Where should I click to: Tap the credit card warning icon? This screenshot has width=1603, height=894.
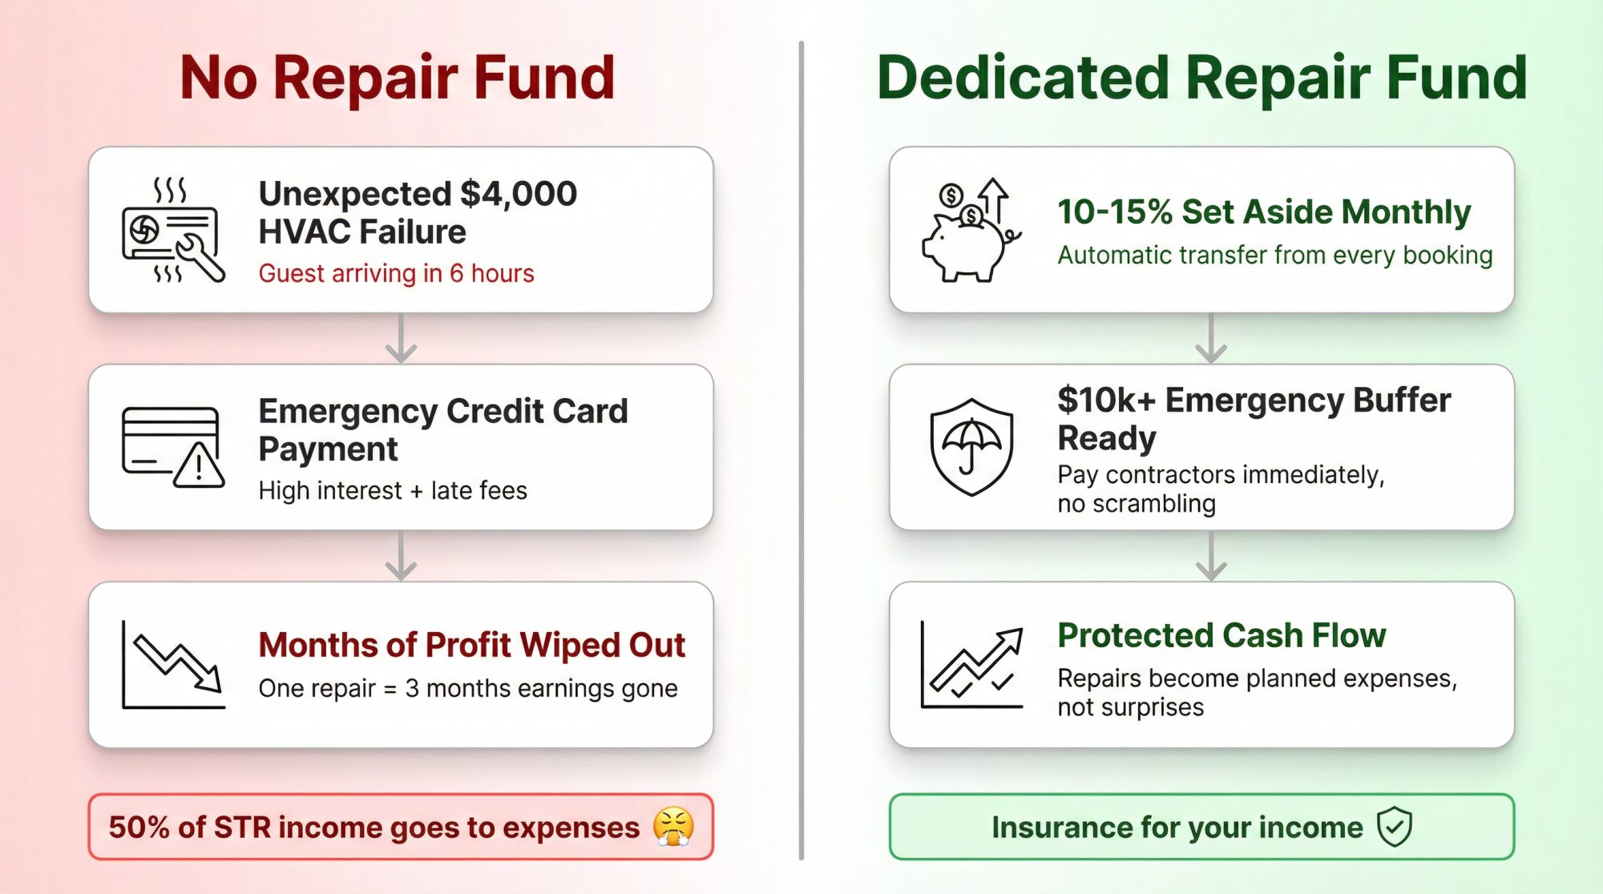172,447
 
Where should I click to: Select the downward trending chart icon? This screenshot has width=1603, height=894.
172,664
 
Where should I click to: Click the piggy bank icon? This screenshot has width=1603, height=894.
970,231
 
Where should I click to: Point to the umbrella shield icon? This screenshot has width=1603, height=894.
971,447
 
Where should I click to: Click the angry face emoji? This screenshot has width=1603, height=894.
673,827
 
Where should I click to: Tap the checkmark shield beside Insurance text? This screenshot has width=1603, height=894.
1395,827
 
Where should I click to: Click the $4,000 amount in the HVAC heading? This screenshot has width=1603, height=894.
519,194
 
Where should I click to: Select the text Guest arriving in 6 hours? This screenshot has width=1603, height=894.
396,273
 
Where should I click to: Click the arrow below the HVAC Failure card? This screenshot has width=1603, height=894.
401,339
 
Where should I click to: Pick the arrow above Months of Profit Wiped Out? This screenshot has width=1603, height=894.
401,556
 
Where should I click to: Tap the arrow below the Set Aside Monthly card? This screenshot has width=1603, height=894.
1210,339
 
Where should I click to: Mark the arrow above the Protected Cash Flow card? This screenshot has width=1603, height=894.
1210,556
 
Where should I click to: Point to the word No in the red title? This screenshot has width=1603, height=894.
218,79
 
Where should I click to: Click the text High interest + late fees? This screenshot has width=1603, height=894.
393,490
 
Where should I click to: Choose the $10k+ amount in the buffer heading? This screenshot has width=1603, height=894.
1106,401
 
